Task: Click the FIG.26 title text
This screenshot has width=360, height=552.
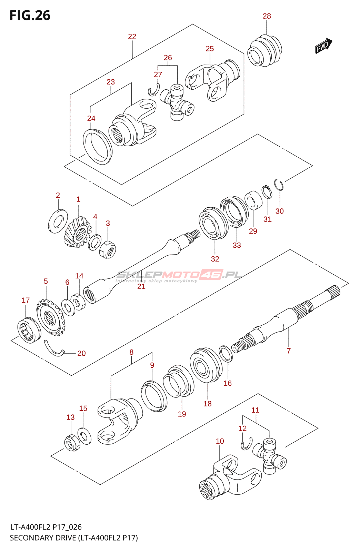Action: click(x=30, y=16)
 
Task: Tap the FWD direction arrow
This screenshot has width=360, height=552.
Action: click(x=323, y=46)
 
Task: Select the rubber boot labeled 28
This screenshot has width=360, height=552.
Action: click(x=264, y=51)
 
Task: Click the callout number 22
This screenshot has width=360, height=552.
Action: click(x=132, y=37)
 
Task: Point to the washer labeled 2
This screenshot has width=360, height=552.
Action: click(x=58, y=221)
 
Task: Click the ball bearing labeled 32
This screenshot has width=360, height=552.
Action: click(x=213, y=223)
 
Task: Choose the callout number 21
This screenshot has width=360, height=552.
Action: click(x=141, y=286)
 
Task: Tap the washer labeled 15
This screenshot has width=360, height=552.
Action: click(x=84, y=436)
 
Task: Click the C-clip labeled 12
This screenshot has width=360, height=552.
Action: click(x=247, y=444)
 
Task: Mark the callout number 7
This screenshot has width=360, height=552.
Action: click(x=289, y=351)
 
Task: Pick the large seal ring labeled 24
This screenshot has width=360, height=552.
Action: click(x=98, y=147)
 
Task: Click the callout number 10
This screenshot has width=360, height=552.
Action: click(x=220, y=441)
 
